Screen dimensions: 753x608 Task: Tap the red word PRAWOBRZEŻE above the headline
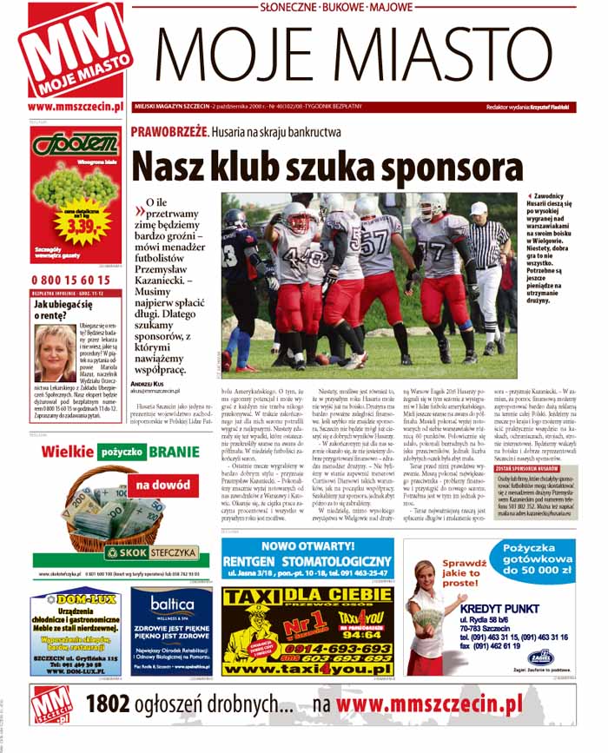pos(169,131)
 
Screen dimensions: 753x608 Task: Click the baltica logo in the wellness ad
pos(171,605)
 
